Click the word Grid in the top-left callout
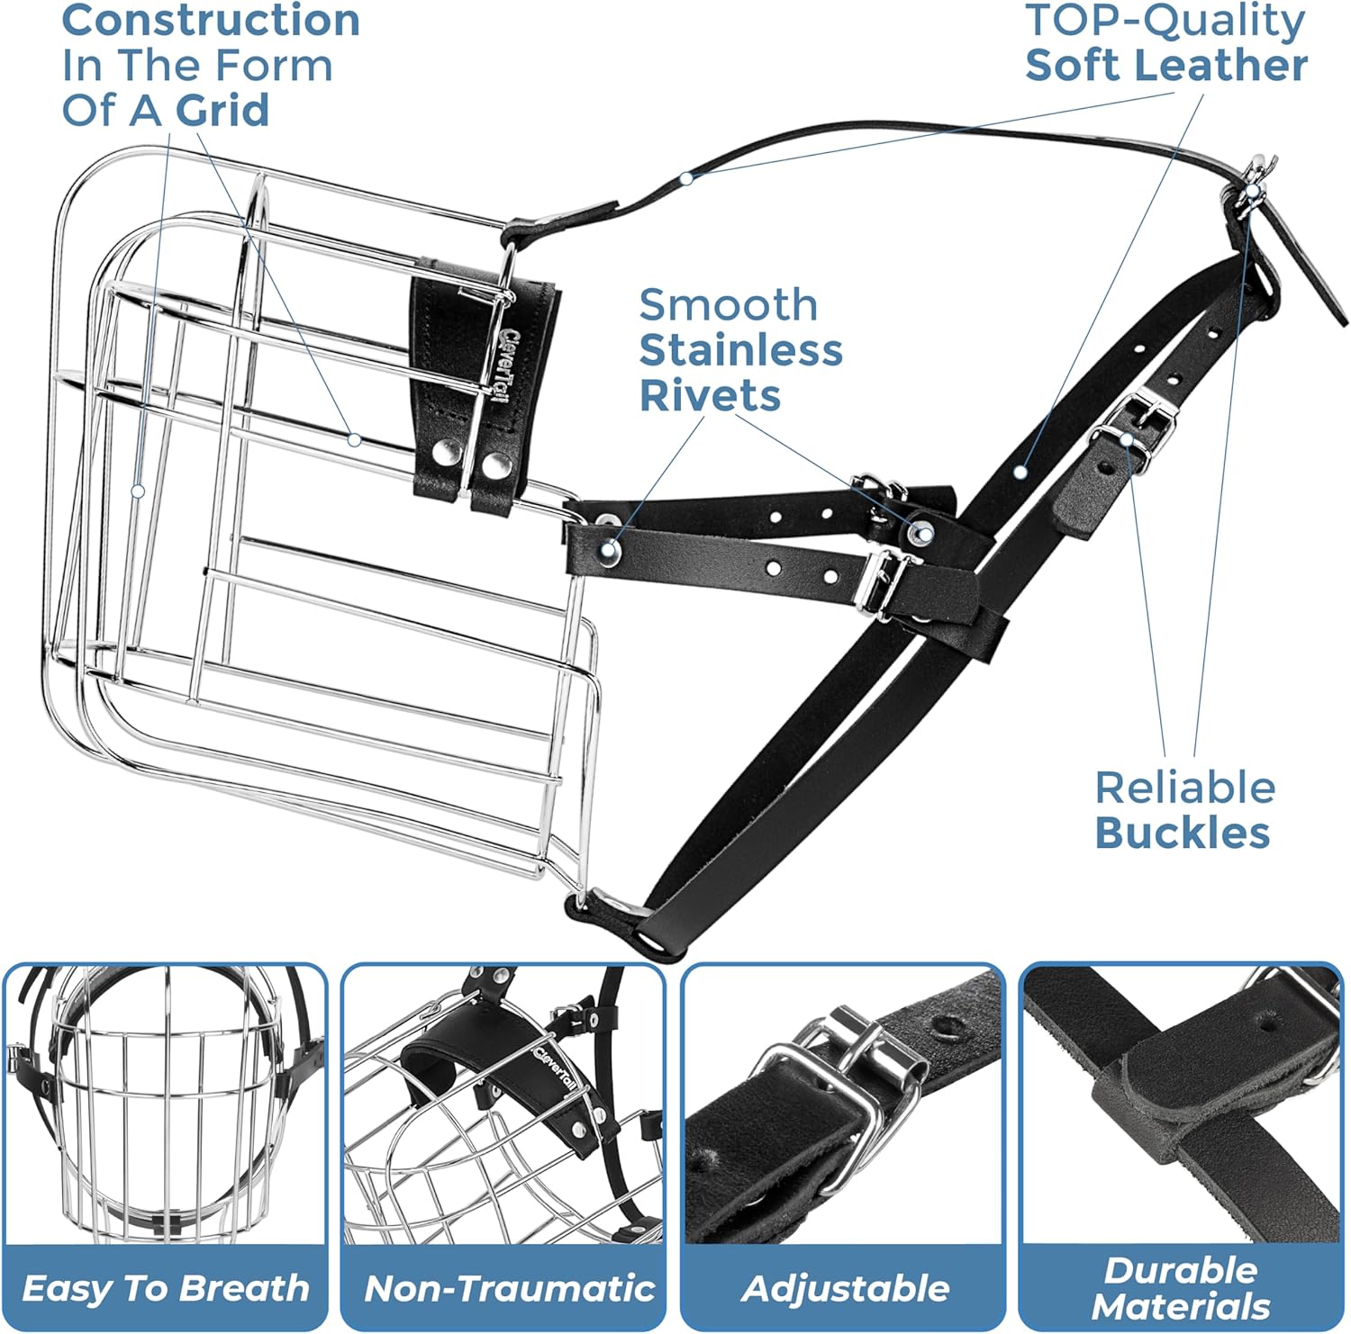coord(222,110)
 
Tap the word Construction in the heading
coord(211,22)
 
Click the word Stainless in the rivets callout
coord(741,349)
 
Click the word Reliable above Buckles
coord(1185,788)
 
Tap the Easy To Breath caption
coord(165,1288)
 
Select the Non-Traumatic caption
coord(509,1288)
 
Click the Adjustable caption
coord(846,1289)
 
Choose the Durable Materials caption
coord(1181,1288)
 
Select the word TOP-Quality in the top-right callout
coord(1165,21)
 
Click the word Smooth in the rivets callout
coord(729,305)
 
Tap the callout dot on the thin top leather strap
coord(686,178)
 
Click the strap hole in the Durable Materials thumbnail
coord(1266,1023)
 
